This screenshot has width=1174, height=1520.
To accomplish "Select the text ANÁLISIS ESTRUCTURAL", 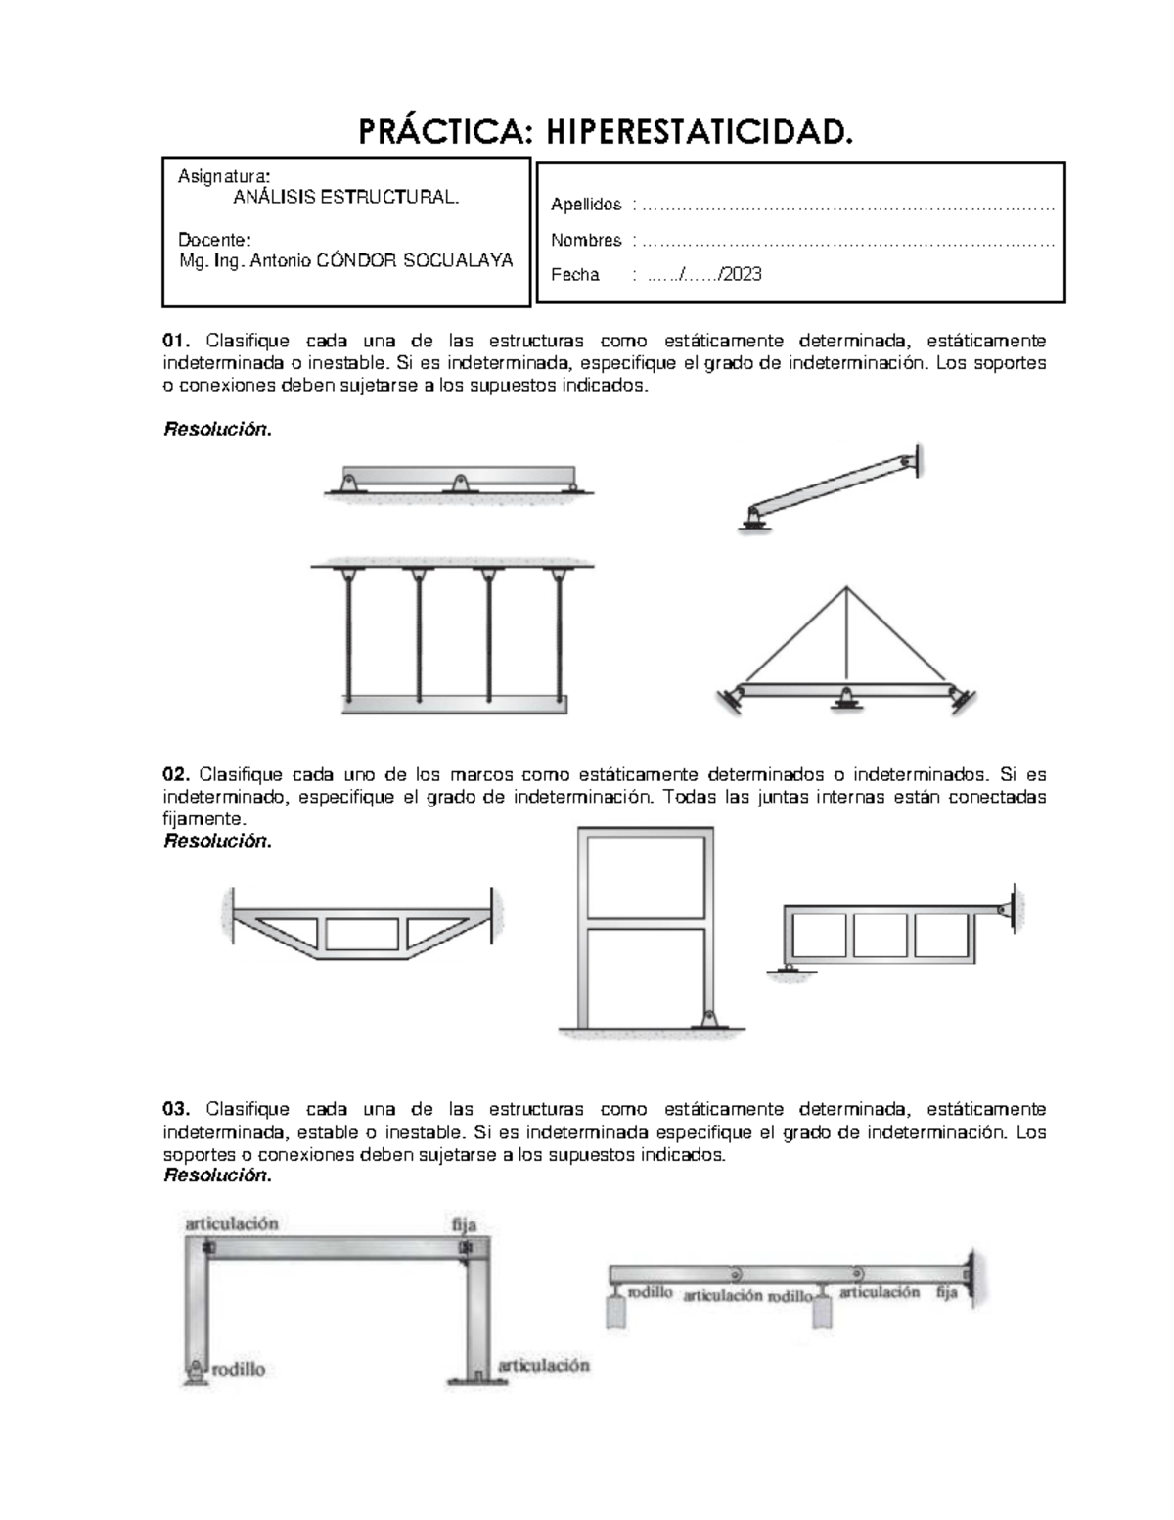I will pyautogui.click(x=345, y=198).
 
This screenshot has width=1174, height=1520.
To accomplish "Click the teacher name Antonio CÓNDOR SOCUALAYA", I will pyautogui.click(x=382, y=260).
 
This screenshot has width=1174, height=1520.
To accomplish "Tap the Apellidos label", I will pyautogui.click(x=586, y=205).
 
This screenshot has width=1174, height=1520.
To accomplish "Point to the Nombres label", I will pyautogui.click(x=586, y=240).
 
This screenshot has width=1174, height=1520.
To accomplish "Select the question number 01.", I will pyautogui.click(x=175, y=341).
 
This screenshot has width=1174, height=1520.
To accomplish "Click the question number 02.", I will pyautogui.click(x=175, y=774).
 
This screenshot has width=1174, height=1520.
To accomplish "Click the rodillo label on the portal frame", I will pyautogui.click(x=240, y=1369).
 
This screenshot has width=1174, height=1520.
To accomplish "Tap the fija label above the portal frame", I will pyautogui.click(x=463, y=1224).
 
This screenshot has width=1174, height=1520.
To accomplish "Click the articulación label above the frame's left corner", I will pyautogui.click(x=233, y=1223).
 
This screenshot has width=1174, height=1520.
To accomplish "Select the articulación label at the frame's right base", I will pyautogui.click(x=544, y=1364).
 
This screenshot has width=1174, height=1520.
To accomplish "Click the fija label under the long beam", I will pyautogui.click(x=946, y=1292).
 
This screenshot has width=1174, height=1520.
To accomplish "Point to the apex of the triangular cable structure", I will pyautogui.click(x=845, y=587).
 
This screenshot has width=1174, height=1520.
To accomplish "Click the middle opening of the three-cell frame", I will pyautogui.click(x=880, y=935).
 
